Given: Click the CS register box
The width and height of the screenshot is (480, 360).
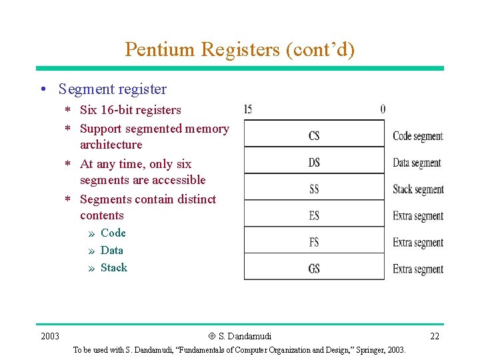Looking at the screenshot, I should pos(314,135).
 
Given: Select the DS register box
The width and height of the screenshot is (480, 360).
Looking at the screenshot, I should pos(314,162).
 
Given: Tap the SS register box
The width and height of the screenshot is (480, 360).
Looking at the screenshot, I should pos(314,189).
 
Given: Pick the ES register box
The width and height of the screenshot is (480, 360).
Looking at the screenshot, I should pos(314,215).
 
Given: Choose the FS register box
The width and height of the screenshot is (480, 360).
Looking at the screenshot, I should pos(314,242).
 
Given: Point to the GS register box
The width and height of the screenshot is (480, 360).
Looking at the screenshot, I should pos(314,269).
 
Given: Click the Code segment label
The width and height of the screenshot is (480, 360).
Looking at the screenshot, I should pos(418,136).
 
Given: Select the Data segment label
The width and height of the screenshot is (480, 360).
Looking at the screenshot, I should pos(417,163).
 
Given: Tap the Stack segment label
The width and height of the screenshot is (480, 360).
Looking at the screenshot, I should pos(418,189).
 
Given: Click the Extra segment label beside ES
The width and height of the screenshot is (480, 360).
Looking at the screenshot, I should pos(418,216).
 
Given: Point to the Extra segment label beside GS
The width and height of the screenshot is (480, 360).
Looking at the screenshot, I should pos(418,269).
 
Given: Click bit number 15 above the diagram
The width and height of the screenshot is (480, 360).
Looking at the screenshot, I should pos(248,109).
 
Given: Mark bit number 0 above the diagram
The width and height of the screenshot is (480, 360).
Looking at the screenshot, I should pos(383,109).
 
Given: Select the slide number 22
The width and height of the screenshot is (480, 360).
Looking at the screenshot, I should pos(435,336).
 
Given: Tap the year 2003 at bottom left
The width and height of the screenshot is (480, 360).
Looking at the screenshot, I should pos(49,336).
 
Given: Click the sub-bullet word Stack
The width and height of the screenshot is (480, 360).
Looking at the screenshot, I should pos(113,267).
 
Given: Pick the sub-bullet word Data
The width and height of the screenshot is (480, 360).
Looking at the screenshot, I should pos(111,250).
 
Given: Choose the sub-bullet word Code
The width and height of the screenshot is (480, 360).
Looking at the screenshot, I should pos(113,233).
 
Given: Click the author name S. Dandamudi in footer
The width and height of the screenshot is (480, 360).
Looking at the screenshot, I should pos(244,336).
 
